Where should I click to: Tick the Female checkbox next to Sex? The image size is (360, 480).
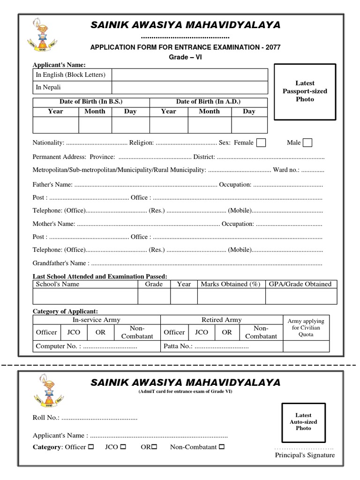point(262,142)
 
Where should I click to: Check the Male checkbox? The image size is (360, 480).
point(307,142)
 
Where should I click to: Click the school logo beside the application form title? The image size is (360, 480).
point(43,37)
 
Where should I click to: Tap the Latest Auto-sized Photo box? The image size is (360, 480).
point(303,421)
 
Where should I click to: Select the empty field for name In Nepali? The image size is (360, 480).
point(189,88)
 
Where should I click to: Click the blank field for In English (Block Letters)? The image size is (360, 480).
point(189,75)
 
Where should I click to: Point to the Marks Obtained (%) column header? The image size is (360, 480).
point(230,284)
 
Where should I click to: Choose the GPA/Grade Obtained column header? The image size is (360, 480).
point(300,284)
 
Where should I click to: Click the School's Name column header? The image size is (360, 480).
point(58,284)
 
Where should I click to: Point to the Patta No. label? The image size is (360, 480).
point(178,347)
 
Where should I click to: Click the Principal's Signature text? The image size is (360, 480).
point(305,455)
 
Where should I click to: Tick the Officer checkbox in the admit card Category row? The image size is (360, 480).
point(91,447)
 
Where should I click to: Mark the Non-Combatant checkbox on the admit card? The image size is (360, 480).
point(222,447)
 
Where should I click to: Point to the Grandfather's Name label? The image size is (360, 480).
point(60,263)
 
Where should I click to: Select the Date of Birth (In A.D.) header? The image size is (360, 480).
point(208,102)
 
